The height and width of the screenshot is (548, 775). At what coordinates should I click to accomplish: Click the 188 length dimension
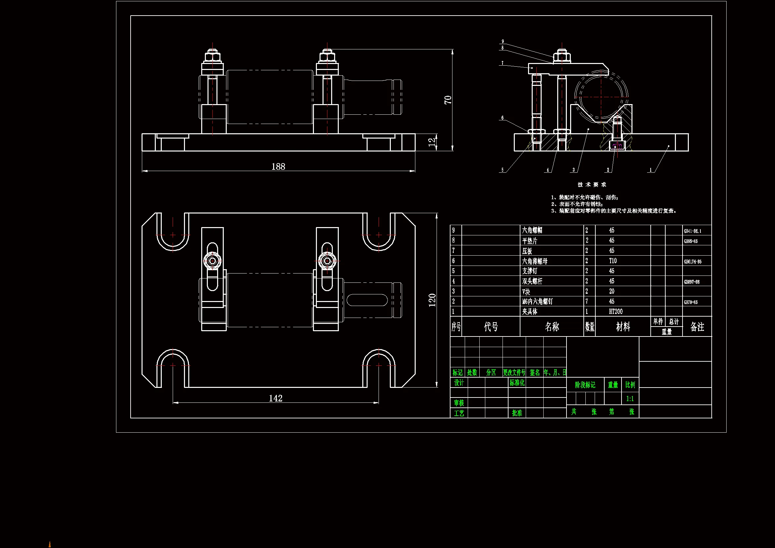(278, 166)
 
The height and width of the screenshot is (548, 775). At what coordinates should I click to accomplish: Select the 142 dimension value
(275, 398)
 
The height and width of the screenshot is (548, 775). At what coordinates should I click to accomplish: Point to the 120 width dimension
(432, 300)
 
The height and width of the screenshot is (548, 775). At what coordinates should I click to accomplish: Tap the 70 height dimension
(447, 100)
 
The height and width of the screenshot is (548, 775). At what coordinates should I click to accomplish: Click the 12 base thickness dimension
(432, 143)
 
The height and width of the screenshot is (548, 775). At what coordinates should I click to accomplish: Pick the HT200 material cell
(616, 311)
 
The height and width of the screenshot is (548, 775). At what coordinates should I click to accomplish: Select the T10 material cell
(613, 261)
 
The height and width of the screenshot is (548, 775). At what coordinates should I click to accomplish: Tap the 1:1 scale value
(630, 399)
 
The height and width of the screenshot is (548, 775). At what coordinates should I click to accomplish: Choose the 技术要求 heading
(592, 185)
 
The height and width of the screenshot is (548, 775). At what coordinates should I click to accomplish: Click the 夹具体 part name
(530, 311)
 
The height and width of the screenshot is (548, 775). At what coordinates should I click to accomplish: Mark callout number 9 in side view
(503, 41)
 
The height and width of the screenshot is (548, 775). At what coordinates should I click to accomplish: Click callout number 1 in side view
(651, 170)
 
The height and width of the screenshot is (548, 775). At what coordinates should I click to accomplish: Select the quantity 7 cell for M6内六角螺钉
(587, 301)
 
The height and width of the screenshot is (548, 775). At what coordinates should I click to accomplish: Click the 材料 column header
(623, 327)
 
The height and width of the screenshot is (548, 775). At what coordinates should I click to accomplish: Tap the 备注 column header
(697, 327)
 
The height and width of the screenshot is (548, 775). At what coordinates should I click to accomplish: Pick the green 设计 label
(459, 383)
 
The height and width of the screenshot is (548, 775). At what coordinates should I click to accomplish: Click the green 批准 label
(517, 413)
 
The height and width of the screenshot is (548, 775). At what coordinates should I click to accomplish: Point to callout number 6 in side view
(502, 118)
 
